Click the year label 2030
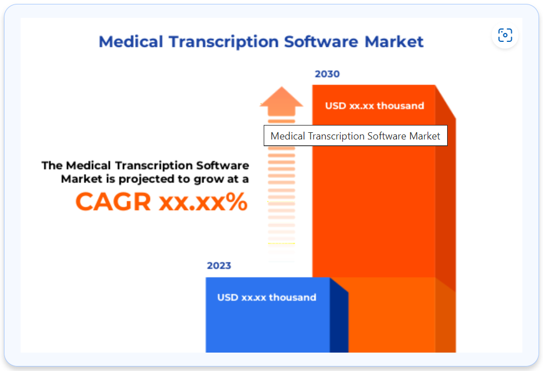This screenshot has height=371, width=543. point(327,74)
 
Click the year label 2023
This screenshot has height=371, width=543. point(219,266)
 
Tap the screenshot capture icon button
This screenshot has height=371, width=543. point(505,35)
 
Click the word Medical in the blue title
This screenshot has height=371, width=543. point(131,42)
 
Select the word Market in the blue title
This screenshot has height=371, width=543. point(394,42)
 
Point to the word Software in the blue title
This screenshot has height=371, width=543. point(321,42)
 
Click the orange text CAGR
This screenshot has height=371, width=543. point(113,201)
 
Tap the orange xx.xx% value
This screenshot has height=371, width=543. point(203,202)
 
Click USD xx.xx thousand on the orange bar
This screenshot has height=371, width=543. point(374,105)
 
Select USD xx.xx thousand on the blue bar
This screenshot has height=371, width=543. point(266,297)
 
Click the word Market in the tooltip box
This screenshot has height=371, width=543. point(425,136)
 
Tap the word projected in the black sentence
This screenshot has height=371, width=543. point(147,180)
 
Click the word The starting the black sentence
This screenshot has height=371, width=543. point(52,166)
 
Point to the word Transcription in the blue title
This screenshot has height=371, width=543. point(224,42)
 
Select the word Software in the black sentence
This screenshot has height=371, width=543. point(222,166)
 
